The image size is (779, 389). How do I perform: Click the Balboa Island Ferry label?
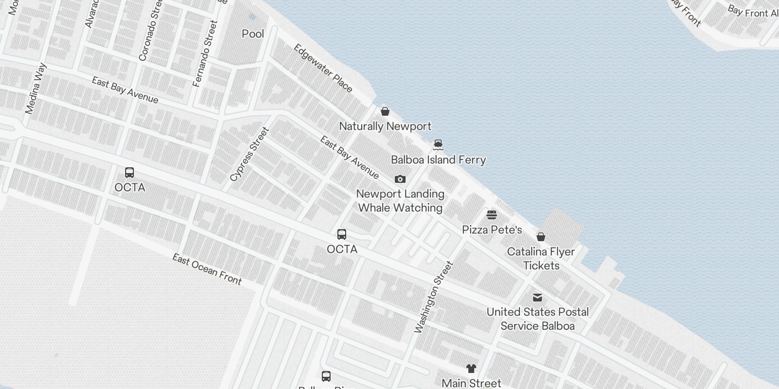click(438, 160)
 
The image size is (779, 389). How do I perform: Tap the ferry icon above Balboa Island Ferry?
click(438, 144)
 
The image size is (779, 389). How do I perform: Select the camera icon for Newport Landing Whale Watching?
click(400, 179)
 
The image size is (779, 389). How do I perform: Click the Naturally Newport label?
click(385, 126)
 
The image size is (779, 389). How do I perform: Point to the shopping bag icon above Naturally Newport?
click(385, 111)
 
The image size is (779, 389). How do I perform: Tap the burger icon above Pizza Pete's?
click(492, 214)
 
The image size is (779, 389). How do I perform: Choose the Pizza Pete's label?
click(492, 230)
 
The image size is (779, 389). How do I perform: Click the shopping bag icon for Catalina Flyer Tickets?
click(540, 237)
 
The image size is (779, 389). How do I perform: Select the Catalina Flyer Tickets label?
click(541, 259)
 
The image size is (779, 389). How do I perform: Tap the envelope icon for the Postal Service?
click(538, 297)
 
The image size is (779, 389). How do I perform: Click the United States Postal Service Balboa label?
click(538, 319)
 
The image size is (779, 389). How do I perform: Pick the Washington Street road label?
click(433, 297)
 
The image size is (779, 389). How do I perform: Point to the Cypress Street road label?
click(249, 154)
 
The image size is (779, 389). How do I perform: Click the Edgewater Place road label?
click(323, 68)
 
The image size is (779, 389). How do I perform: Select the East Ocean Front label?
click(207, 269)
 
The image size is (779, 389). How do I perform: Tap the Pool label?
click(253, 34)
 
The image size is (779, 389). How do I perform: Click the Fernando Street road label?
click(204, 53)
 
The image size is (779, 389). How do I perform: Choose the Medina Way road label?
click(36, 88)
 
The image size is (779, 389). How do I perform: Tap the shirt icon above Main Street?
click(471, 369)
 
